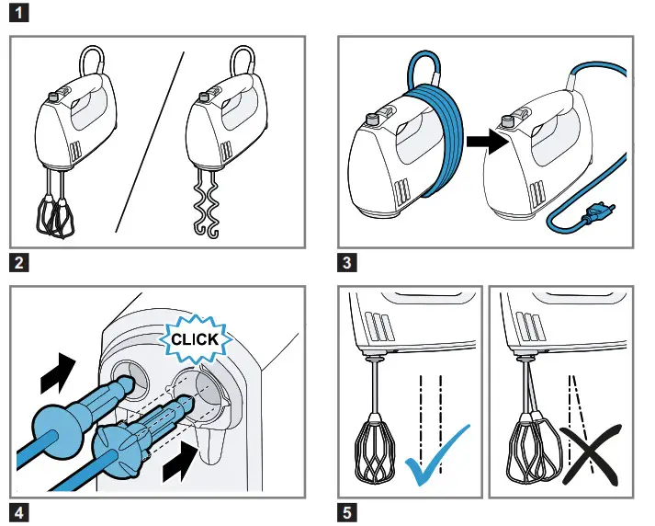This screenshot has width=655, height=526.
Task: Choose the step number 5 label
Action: (x=348, y=511)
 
